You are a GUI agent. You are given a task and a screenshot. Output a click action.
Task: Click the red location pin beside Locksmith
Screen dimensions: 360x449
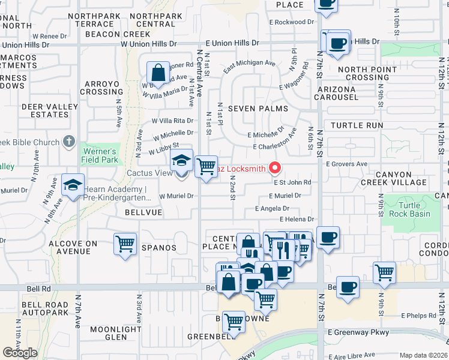(276, 168)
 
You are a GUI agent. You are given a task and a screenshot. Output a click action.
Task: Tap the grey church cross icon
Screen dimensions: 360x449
(69, 142)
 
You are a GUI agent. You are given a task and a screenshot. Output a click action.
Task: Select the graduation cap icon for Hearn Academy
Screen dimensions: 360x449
(73, 184)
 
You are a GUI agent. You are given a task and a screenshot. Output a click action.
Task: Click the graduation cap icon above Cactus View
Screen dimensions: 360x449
(181, 160)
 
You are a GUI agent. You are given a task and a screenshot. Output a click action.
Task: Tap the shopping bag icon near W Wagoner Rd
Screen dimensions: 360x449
(157, 73)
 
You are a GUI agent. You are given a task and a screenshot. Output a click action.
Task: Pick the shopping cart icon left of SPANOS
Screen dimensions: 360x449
(125, 244)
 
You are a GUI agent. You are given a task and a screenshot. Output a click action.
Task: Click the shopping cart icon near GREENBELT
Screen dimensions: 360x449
(234, 321)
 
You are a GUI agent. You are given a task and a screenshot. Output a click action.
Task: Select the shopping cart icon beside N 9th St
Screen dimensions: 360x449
(384, 272)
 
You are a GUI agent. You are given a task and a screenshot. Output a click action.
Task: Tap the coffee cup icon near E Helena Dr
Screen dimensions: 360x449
(328, 238)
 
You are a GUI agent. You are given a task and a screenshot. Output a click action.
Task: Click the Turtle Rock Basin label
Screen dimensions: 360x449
(409, 209)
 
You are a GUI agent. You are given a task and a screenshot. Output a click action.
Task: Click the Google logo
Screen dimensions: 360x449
(20, 352)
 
